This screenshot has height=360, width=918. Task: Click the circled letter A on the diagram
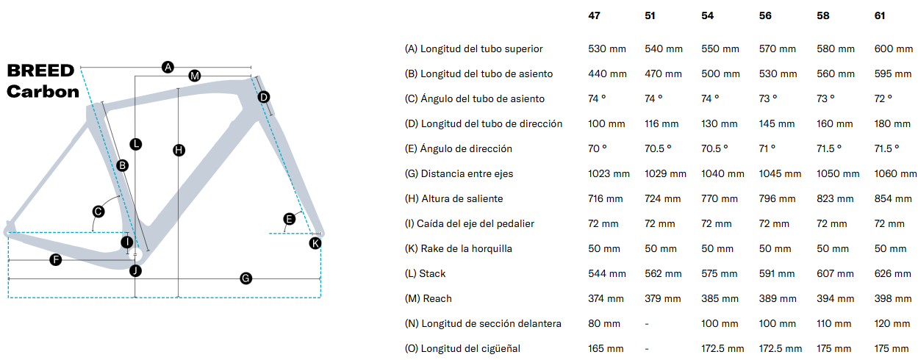coord(168,67)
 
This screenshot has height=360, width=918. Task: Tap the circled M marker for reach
coord(195,76)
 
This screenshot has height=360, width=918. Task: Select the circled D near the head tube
coord(264,98)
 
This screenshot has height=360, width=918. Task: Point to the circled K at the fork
coord(315,243)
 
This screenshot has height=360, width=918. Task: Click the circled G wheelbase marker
coord(246,278)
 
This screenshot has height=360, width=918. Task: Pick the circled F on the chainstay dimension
coord(55,259)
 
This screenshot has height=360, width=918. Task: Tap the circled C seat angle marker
coord(98,212)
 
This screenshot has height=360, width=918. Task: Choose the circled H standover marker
coord(179,151)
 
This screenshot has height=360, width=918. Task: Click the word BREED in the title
coord(40,71)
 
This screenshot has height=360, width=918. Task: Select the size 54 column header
coord(707,15)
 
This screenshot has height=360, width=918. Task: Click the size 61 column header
coord(880,15)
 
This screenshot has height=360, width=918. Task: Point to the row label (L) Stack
coord(425,273)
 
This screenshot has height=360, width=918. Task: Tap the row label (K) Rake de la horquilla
coord(458,248)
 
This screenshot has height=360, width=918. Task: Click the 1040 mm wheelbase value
coord(722,173)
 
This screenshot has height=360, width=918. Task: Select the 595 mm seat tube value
coord(892,73)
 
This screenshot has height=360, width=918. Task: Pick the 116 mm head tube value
coord(661,123)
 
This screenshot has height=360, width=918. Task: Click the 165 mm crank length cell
coord(606,348)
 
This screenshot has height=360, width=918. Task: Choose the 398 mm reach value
coord(893,298)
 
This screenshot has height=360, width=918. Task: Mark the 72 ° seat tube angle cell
coord(883,98)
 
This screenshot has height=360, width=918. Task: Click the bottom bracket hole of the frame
coord(136,255)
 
